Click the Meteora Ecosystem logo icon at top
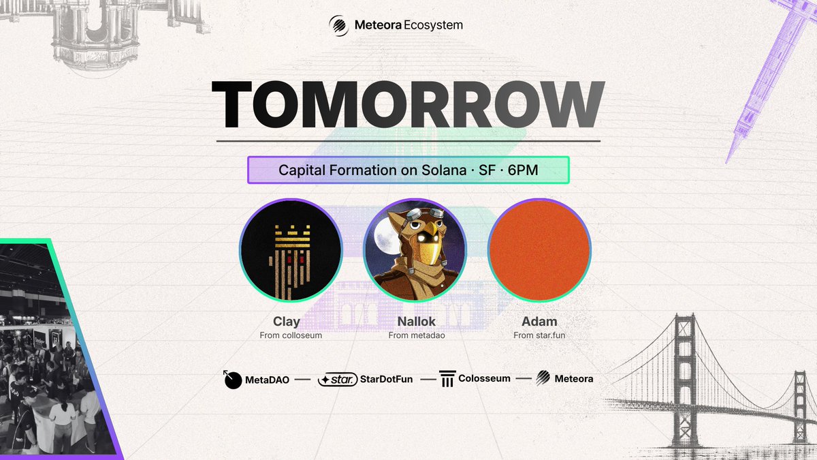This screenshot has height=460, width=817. tap(339, 25)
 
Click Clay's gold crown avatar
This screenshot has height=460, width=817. tap(290, 249)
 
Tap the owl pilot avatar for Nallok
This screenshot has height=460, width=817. tap(415, 249)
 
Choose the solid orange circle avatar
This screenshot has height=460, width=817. tap(539, 249)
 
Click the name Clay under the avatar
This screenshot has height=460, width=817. tap(287, 321)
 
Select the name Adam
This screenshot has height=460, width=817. tap(539, 321)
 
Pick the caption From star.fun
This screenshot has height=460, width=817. tap(539, 335)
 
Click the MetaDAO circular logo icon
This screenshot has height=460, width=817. tap(233, 380)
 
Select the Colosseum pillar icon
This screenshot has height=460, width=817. tap(447, 379)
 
